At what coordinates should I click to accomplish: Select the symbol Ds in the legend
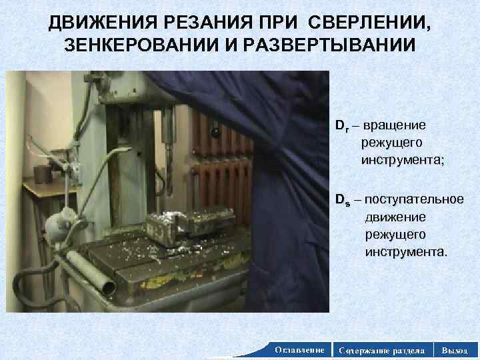click(341, 199)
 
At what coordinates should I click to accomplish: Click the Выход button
click(455, 349)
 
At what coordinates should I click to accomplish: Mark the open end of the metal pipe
click(106, 286)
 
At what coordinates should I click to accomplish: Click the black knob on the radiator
click(215, 133)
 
